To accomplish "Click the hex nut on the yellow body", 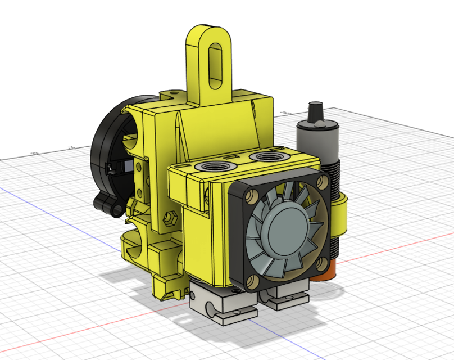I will pyautogui.click(x=169, y=217).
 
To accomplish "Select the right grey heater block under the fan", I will pyautogui.click(x=287, y=296).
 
